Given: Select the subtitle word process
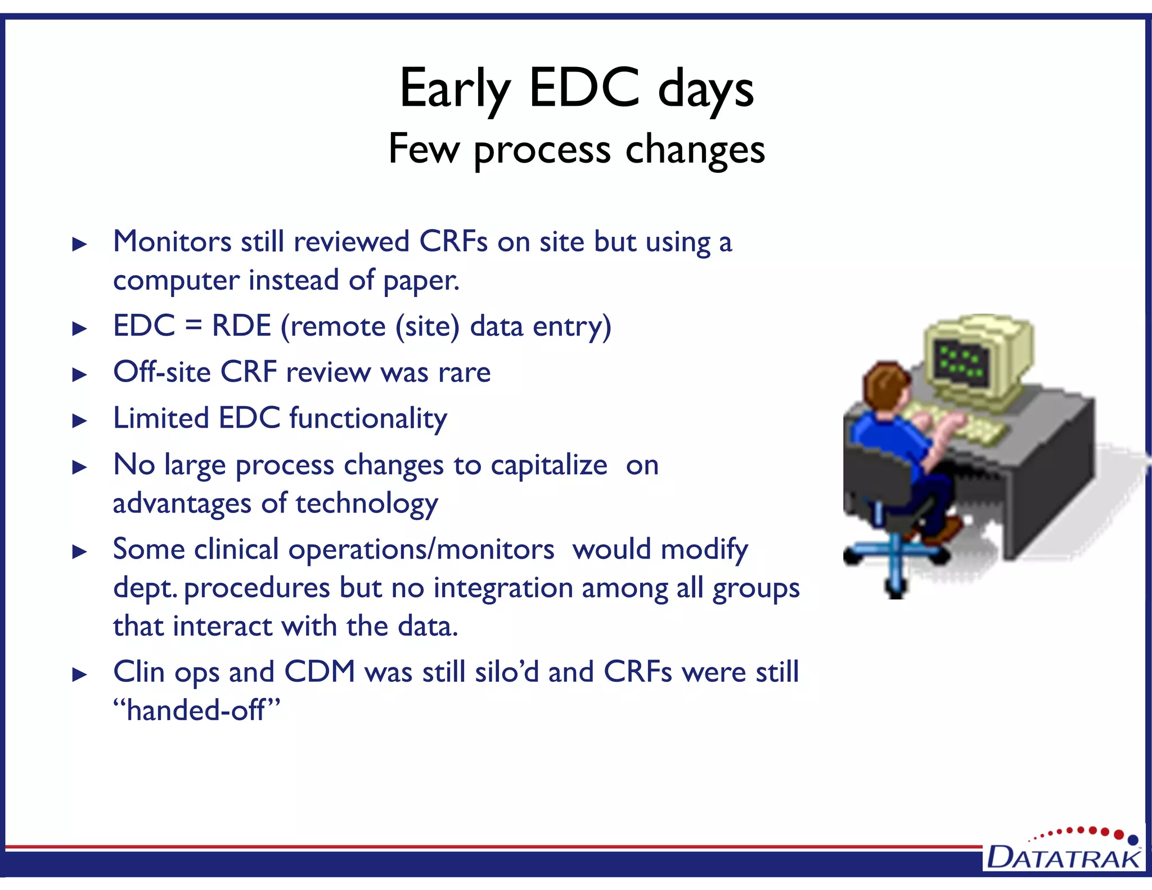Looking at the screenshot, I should tap(542, 151).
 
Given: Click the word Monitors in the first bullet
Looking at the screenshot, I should tap(172, 242).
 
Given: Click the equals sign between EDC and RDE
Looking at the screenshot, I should tap(193, 326).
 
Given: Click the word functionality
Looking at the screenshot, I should tap(368, 419).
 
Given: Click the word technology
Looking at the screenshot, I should tap(367, 504).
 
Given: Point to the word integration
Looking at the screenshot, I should tap(502, 588).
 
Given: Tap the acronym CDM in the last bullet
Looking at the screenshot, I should tap(319, 672).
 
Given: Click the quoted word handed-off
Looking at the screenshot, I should tap(196, 710).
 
